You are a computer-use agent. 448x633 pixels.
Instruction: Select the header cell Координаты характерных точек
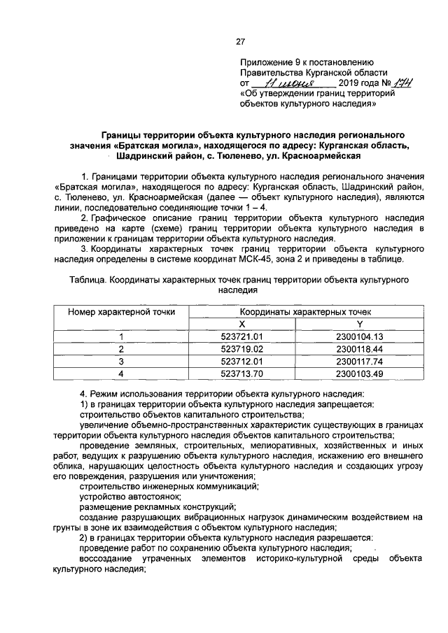point(300,312)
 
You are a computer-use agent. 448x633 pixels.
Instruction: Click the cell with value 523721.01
point(241,336)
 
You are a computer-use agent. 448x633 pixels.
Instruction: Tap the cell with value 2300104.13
point(360,336)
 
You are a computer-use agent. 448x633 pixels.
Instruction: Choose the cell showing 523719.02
point(241,349)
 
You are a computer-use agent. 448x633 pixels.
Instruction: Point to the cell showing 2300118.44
point(360,349)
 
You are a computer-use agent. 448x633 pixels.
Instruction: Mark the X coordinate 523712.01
point(241,362)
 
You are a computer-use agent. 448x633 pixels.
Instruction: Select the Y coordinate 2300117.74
point(360,362)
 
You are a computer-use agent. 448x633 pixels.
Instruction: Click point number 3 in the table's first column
point(121,362)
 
